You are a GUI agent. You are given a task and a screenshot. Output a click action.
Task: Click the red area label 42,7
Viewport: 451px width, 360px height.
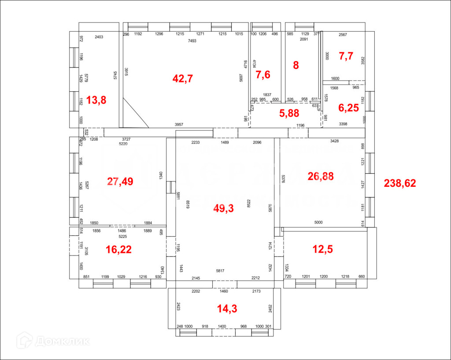(x=183, y=79)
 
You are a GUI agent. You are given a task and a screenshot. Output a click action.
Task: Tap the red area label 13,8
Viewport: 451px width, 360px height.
(x=96, y=100)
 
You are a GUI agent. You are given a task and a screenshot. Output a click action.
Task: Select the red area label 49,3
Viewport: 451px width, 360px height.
(x=224, y=208)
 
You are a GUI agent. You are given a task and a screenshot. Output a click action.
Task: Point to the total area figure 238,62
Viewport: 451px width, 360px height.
(x=400, y=183)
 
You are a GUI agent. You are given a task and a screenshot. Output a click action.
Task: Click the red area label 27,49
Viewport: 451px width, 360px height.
(x=120, y=181)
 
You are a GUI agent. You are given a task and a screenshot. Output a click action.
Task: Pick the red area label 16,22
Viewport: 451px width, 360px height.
(x=118, y=249)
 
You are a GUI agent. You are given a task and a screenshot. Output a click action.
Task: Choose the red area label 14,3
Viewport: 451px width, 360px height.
(x=227, y=308)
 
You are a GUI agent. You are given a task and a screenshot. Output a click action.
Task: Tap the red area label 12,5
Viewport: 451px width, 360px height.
(x=322, y=249)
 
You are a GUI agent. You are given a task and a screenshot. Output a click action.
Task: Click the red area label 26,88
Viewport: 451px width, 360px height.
(x=321, y=176)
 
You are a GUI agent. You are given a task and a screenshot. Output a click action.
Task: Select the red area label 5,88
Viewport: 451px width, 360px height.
(x=289, y=113)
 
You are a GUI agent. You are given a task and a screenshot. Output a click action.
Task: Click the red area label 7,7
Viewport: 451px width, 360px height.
(x=346, y=56)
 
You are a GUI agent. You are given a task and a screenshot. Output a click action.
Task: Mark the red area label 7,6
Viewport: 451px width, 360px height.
(x=263, y=74)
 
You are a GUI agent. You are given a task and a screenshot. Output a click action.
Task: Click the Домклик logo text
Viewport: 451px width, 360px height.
(x=62, y=341)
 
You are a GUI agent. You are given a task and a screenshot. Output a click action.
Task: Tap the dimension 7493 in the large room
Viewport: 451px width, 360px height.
(x=192, y=41)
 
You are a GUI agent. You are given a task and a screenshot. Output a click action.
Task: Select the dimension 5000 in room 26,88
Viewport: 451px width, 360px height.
(x=318, y=223)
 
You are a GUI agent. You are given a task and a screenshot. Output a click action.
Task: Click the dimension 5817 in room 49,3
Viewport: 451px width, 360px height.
(x=220, y=271)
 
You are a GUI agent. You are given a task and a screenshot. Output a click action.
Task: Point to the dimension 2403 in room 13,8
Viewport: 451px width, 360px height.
(x=99, y=37)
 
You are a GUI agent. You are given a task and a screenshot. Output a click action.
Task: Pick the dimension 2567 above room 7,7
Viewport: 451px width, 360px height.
(x=343, y=35)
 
